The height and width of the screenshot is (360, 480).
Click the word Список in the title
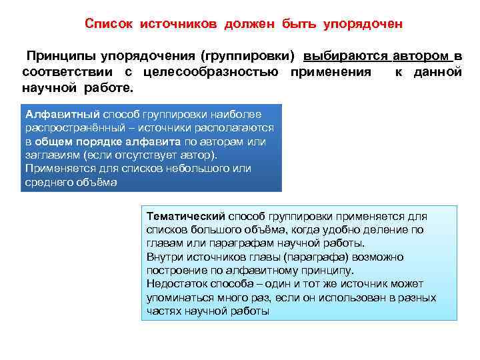pyautogui.click(x=110, y=24)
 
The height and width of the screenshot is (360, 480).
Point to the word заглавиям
pyautogui.click(x=51, y=155)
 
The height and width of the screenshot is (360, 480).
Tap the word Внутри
pyautogui.click(x=163, y=257)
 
